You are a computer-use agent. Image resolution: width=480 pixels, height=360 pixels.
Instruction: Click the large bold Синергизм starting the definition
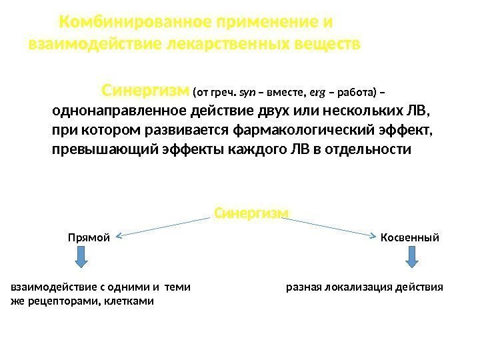click(x=145, y=90)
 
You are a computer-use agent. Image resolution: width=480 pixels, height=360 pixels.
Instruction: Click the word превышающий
click(x=105, y=149)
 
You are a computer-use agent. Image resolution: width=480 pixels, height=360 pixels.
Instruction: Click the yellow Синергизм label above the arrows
click(x=251, y=212)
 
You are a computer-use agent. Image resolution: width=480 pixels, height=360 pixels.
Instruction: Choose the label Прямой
click(x=88, y=237)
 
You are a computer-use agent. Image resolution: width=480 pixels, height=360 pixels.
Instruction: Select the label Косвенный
click(x=409, y=237)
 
